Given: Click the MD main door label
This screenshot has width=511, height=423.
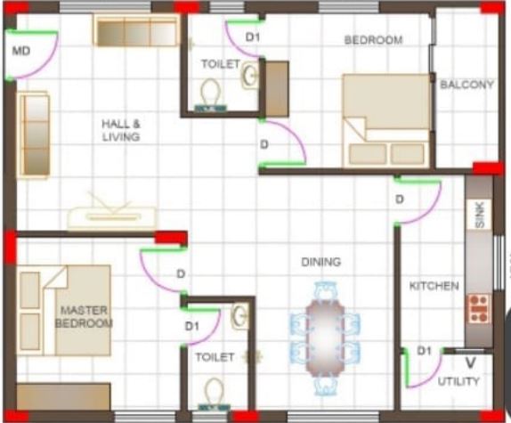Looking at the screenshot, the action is [21, 51].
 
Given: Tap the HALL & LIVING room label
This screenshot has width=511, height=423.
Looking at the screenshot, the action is [121, 130].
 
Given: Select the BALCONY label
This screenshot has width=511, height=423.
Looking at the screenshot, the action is [466, 85].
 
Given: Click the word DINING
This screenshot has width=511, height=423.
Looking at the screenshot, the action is [321, 262].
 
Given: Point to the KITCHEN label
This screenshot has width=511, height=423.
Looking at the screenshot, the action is [434, 286].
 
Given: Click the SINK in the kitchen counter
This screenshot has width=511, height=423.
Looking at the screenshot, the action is [479, 215].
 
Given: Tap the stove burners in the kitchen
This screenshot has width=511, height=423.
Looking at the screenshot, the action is [479, 308].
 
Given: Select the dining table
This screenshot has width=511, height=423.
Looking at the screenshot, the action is [325, 338].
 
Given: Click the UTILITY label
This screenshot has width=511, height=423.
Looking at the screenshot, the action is [458, 381].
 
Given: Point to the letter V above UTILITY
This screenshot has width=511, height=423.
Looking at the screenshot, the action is [470, 362].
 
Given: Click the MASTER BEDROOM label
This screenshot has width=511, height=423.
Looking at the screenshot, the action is [84, 316].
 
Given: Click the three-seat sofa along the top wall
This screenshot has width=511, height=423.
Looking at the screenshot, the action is [136, 30].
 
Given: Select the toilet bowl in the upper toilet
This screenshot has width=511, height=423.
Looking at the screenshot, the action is [210, 94].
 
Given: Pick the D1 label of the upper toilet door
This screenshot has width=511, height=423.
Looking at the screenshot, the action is [253, 37].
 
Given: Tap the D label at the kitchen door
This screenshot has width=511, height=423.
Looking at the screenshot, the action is [400, 199].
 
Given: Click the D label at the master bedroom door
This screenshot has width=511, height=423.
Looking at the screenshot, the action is [181, 273].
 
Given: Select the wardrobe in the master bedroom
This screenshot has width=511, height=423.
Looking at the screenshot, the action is [63, 396].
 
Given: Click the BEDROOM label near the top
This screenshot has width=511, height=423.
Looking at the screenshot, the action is [373, 40].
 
